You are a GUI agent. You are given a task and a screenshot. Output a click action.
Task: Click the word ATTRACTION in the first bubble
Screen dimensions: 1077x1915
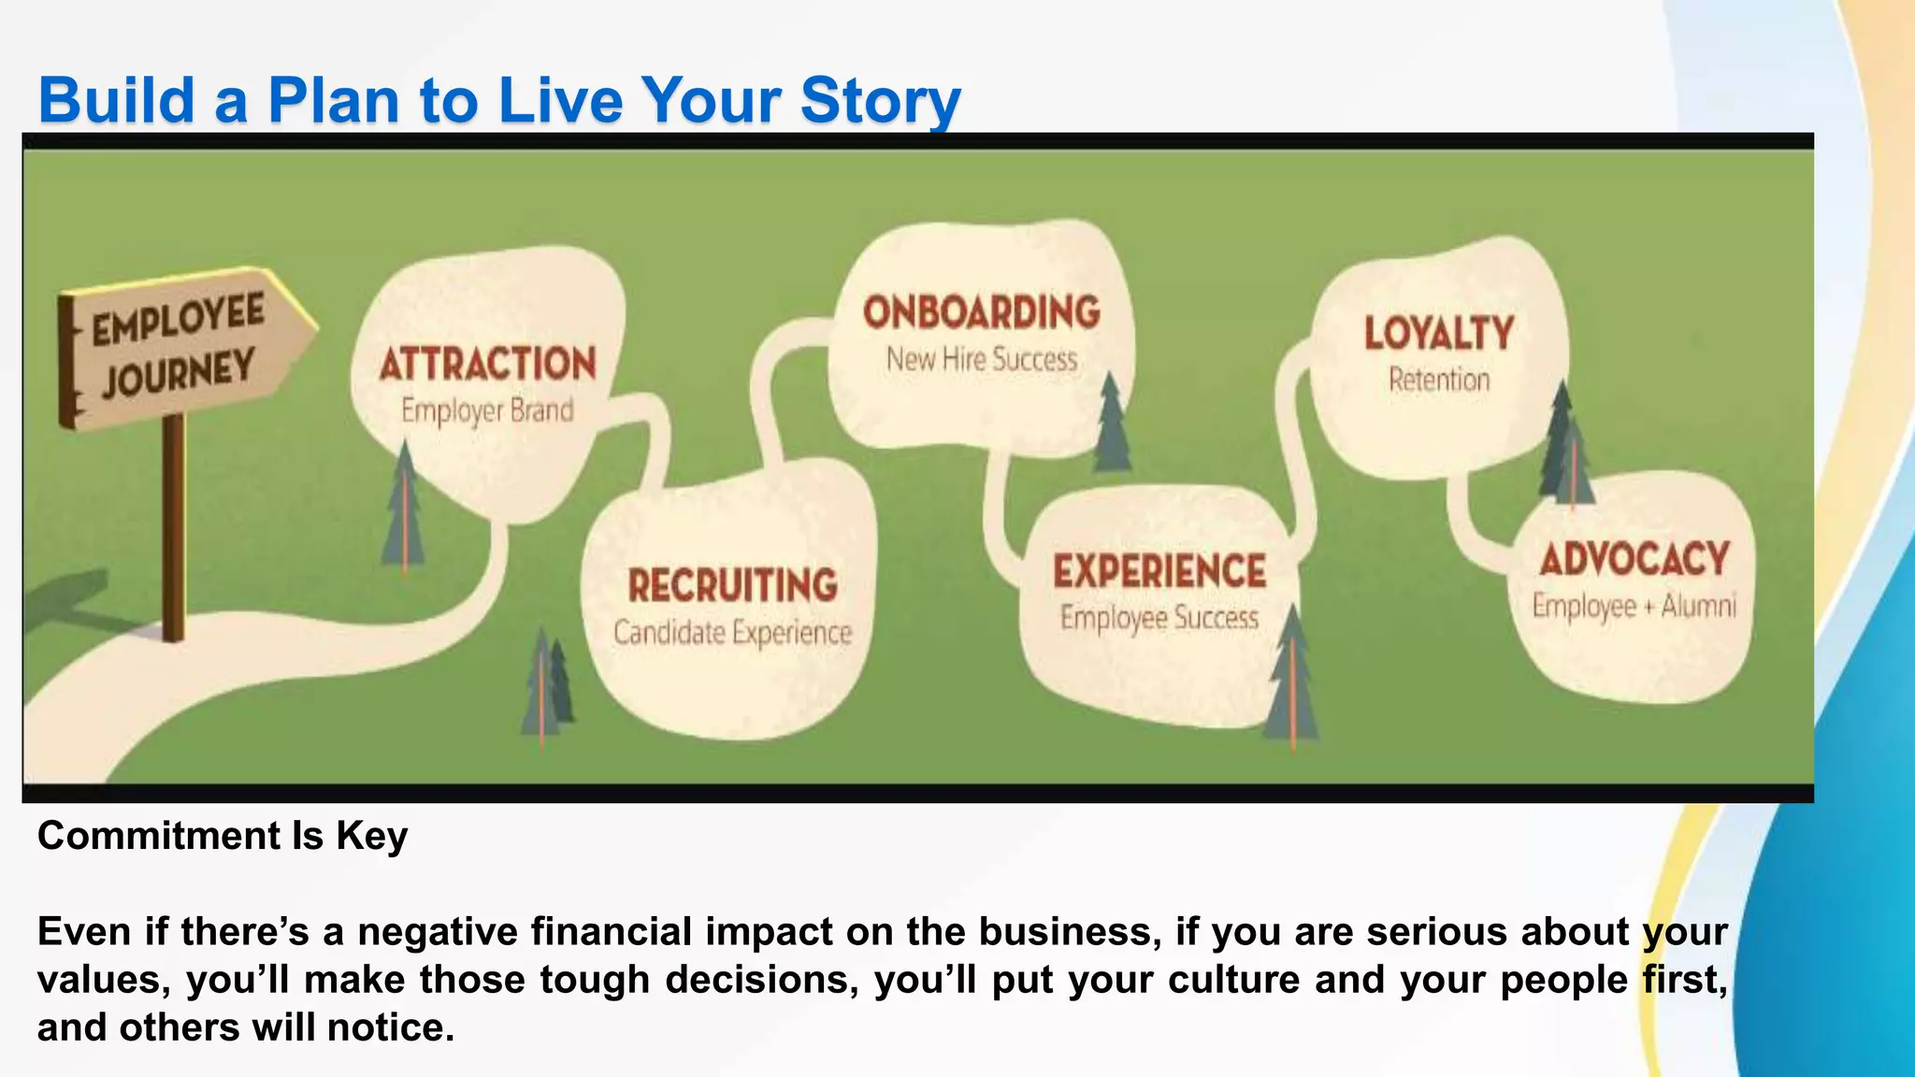487,364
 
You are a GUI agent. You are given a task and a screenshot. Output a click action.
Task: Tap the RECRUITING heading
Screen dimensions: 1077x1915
732,585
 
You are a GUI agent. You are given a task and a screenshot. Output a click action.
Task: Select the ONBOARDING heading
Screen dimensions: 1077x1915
981,312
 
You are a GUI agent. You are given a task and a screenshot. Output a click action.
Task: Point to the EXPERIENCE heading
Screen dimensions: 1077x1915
1159,571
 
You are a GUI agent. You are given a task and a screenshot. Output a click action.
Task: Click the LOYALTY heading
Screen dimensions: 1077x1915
1438,334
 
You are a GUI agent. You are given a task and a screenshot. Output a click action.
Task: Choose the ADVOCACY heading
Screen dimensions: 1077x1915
1634,559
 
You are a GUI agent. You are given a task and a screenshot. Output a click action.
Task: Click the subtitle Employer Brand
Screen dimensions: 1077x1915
487,411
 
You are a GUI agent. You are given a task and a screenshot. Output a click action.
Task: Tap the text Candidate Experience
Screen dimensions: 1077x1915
732,633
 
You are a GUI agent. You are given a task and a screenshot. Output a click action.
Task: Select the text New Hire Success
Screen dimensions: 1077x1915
982,360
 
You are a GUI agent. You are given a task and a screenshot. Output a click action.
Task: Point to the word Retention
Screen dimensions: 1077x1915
1438,381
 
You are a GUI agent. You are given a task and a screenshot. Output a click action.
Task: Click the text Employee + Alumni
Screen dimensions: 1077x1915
1634,607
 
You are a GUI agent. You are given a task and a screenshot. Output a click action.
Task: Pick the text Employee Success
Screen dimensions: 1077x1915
1159,618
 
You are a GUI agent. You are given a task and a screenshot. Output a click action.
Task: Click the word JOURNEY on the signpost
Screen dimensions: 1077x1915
178,372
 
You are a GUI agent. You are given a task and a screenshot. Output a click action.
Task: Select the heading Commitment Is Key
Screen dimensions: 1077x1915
223,836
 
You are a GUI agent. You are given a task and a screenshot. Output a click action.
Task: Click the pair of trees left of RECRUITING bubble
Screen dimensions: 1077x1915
548,684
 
